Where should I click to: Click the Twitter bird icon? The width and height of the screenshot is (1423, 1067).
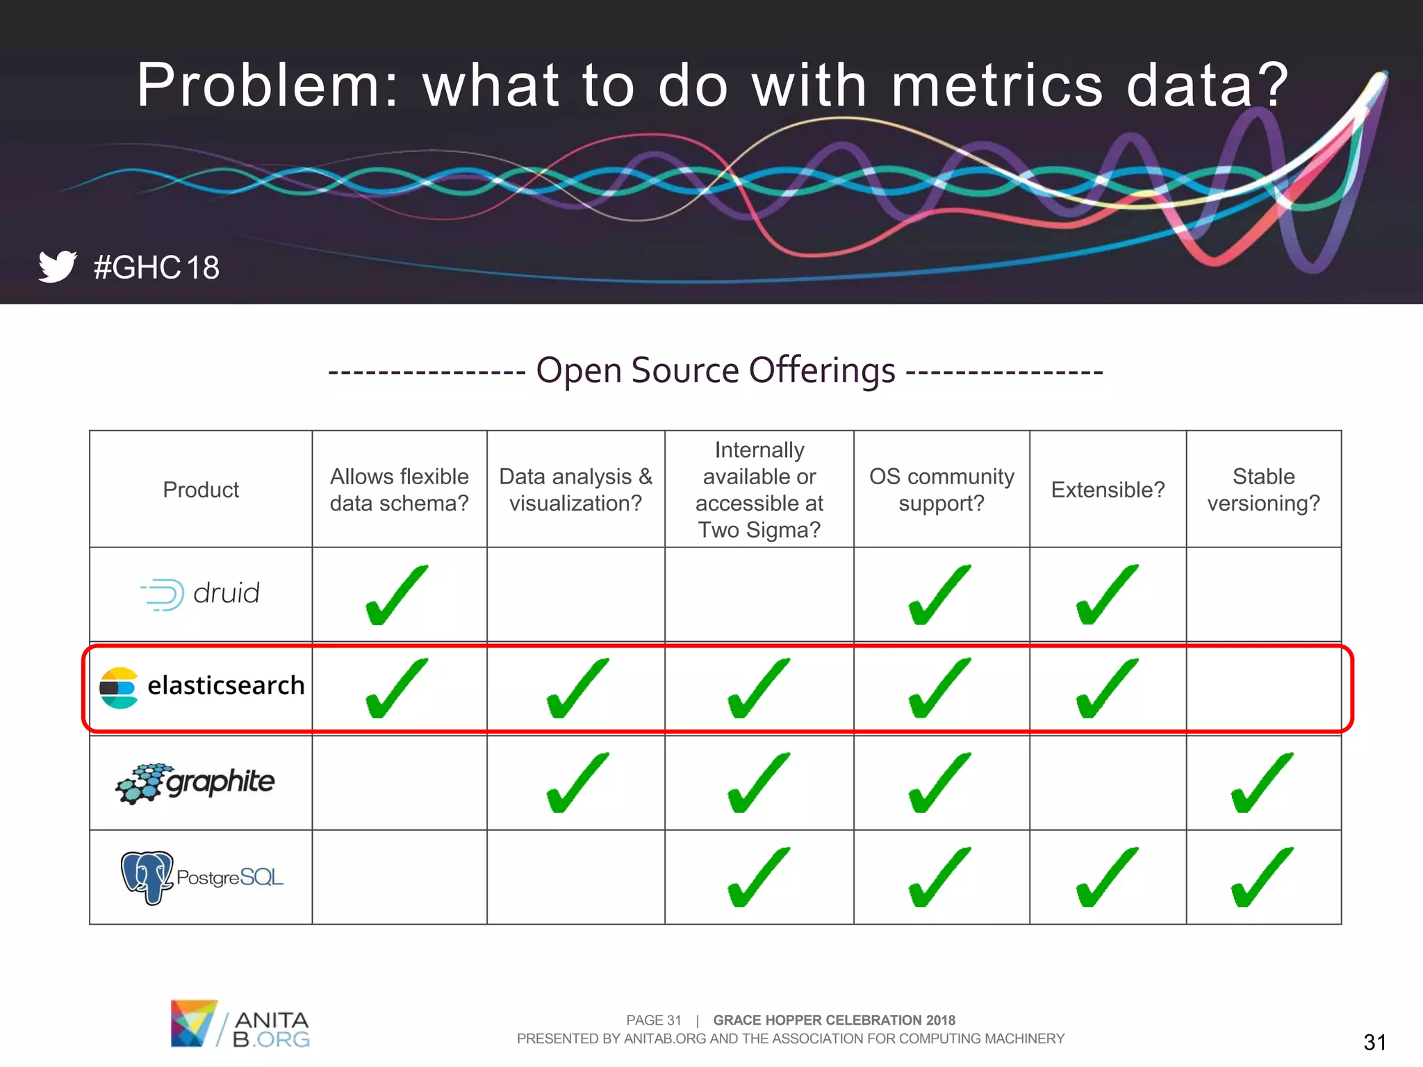57,266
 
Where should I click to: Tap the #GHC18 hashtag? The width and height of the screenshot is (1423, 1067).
156,267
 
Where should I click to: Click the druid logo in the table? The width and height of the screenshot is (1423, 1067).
200,594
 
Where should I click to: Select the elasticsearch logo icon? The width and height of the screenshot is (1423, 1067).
119,687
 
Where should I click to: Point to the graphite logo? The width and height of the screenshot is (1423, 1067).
195,783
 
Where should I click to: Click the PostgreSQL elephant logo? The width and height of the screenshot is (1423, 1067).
147,877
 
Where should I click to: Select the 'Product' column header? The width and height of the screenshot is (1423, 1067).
201,490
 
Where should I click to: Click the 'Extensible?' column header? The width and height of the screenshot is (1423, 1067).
1108,490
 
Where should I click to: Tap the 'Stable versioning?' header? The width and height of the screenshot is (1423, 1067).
1263,490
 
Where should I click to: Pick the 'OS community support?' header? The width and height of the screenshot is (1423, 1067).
941,490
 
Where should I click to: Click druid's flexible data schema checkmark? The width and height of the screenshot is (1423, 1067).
397,595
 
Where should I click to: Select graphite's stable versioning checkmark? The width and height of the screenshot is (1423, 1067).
1262,783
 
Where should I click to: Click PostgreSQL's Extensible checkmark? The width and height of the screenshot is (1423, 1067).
1107,877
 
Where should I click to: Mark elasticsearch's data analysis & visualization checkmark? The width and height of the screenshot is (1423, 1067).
577,688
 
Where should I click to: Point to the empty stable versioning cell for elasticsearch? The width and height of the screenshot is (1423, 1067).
1263,688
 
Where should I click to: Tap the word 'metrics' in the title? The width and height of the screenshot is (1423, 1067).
996,85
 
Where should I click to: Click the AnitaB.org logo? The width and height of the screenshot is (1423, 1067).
240,1023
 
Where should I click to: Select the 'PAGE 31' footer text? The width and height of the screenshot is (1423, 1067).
653,1020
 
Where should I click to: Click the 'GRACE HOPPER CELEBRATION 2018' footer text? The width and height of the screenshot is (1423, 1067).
834,1020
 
